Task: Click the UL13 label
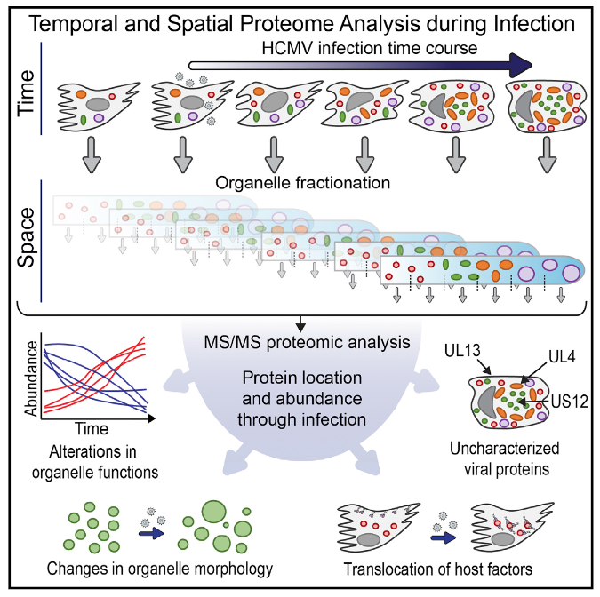pos(462,351)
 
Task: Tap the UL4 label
pos(562,356)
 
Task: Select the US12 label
pos(570,402)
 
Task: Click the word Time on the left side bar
pos(27,93)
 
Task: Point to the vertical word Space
pos(27,237)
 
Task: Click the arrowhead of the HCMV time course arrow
pos(521,66)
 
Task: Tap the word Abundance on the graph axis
pos(30,378)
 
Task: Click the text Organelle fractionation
pos(303,183)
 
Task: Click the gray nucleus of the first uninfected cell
pos(98,104)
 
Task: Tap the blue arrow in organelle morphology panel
pos(151,533)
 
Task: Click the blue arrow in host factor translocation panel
pos(444,537)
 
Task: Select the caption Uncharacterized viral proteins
pos(505,458)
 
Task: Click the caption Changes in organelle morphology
pos(160,569)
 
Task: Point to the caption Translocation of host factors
pos(438,569)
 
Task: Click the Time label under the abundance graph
pos(91,429)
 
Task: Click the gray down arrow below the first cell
pos(92,155)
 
